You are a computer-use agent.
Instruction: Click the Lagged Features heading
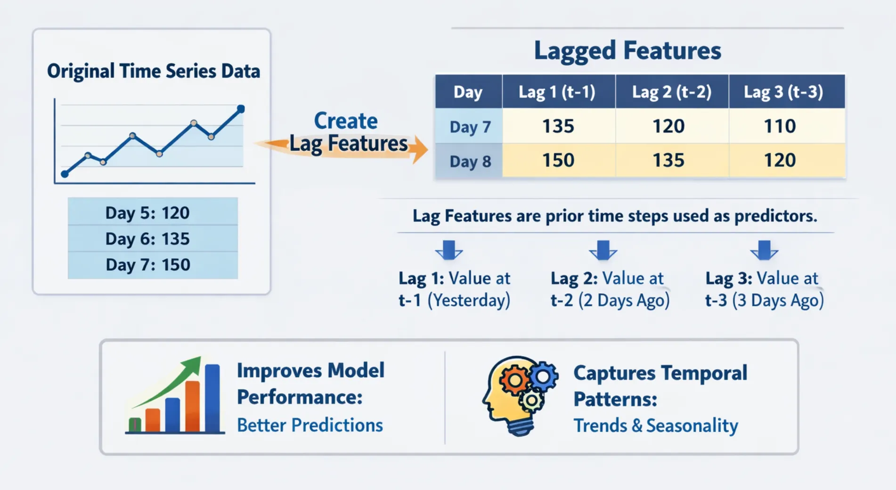coord(627,50)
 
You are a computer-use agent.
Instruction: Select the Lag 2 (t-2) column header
coord(671,92)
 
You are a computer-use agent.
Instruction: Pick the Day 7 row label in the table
coord(470,127)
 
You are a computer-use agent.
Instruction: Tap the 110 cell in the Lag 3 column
coord(780,126)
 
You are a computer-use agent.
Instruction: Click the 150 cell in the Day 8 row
coord(558,161)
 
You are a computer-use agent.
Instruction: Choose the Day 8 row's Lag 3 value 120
coord(780,161)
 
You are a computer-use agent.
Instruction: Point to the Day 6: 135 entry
coord(147,239)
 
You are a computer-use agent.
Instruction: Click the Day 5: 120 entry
coord(147,213)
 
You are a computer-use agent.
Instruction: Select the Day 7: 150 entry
coord(147,265)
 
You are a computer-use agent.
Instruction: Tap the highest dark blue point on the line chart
coord(241,109)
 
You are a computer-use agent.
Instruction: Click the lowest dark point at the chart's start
coord(65,174)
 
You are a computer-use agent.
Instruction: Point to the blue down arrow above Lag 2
coord(603,250)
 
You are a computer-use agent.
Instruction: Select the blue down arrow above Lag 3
coord(764,250)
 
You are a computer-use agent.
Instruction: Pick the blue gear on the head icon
coord(544,376)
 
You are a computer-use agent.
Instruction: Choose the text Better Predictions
coord(310,425)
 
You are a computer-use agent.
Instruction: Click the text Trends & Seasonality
coord(655,425)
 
